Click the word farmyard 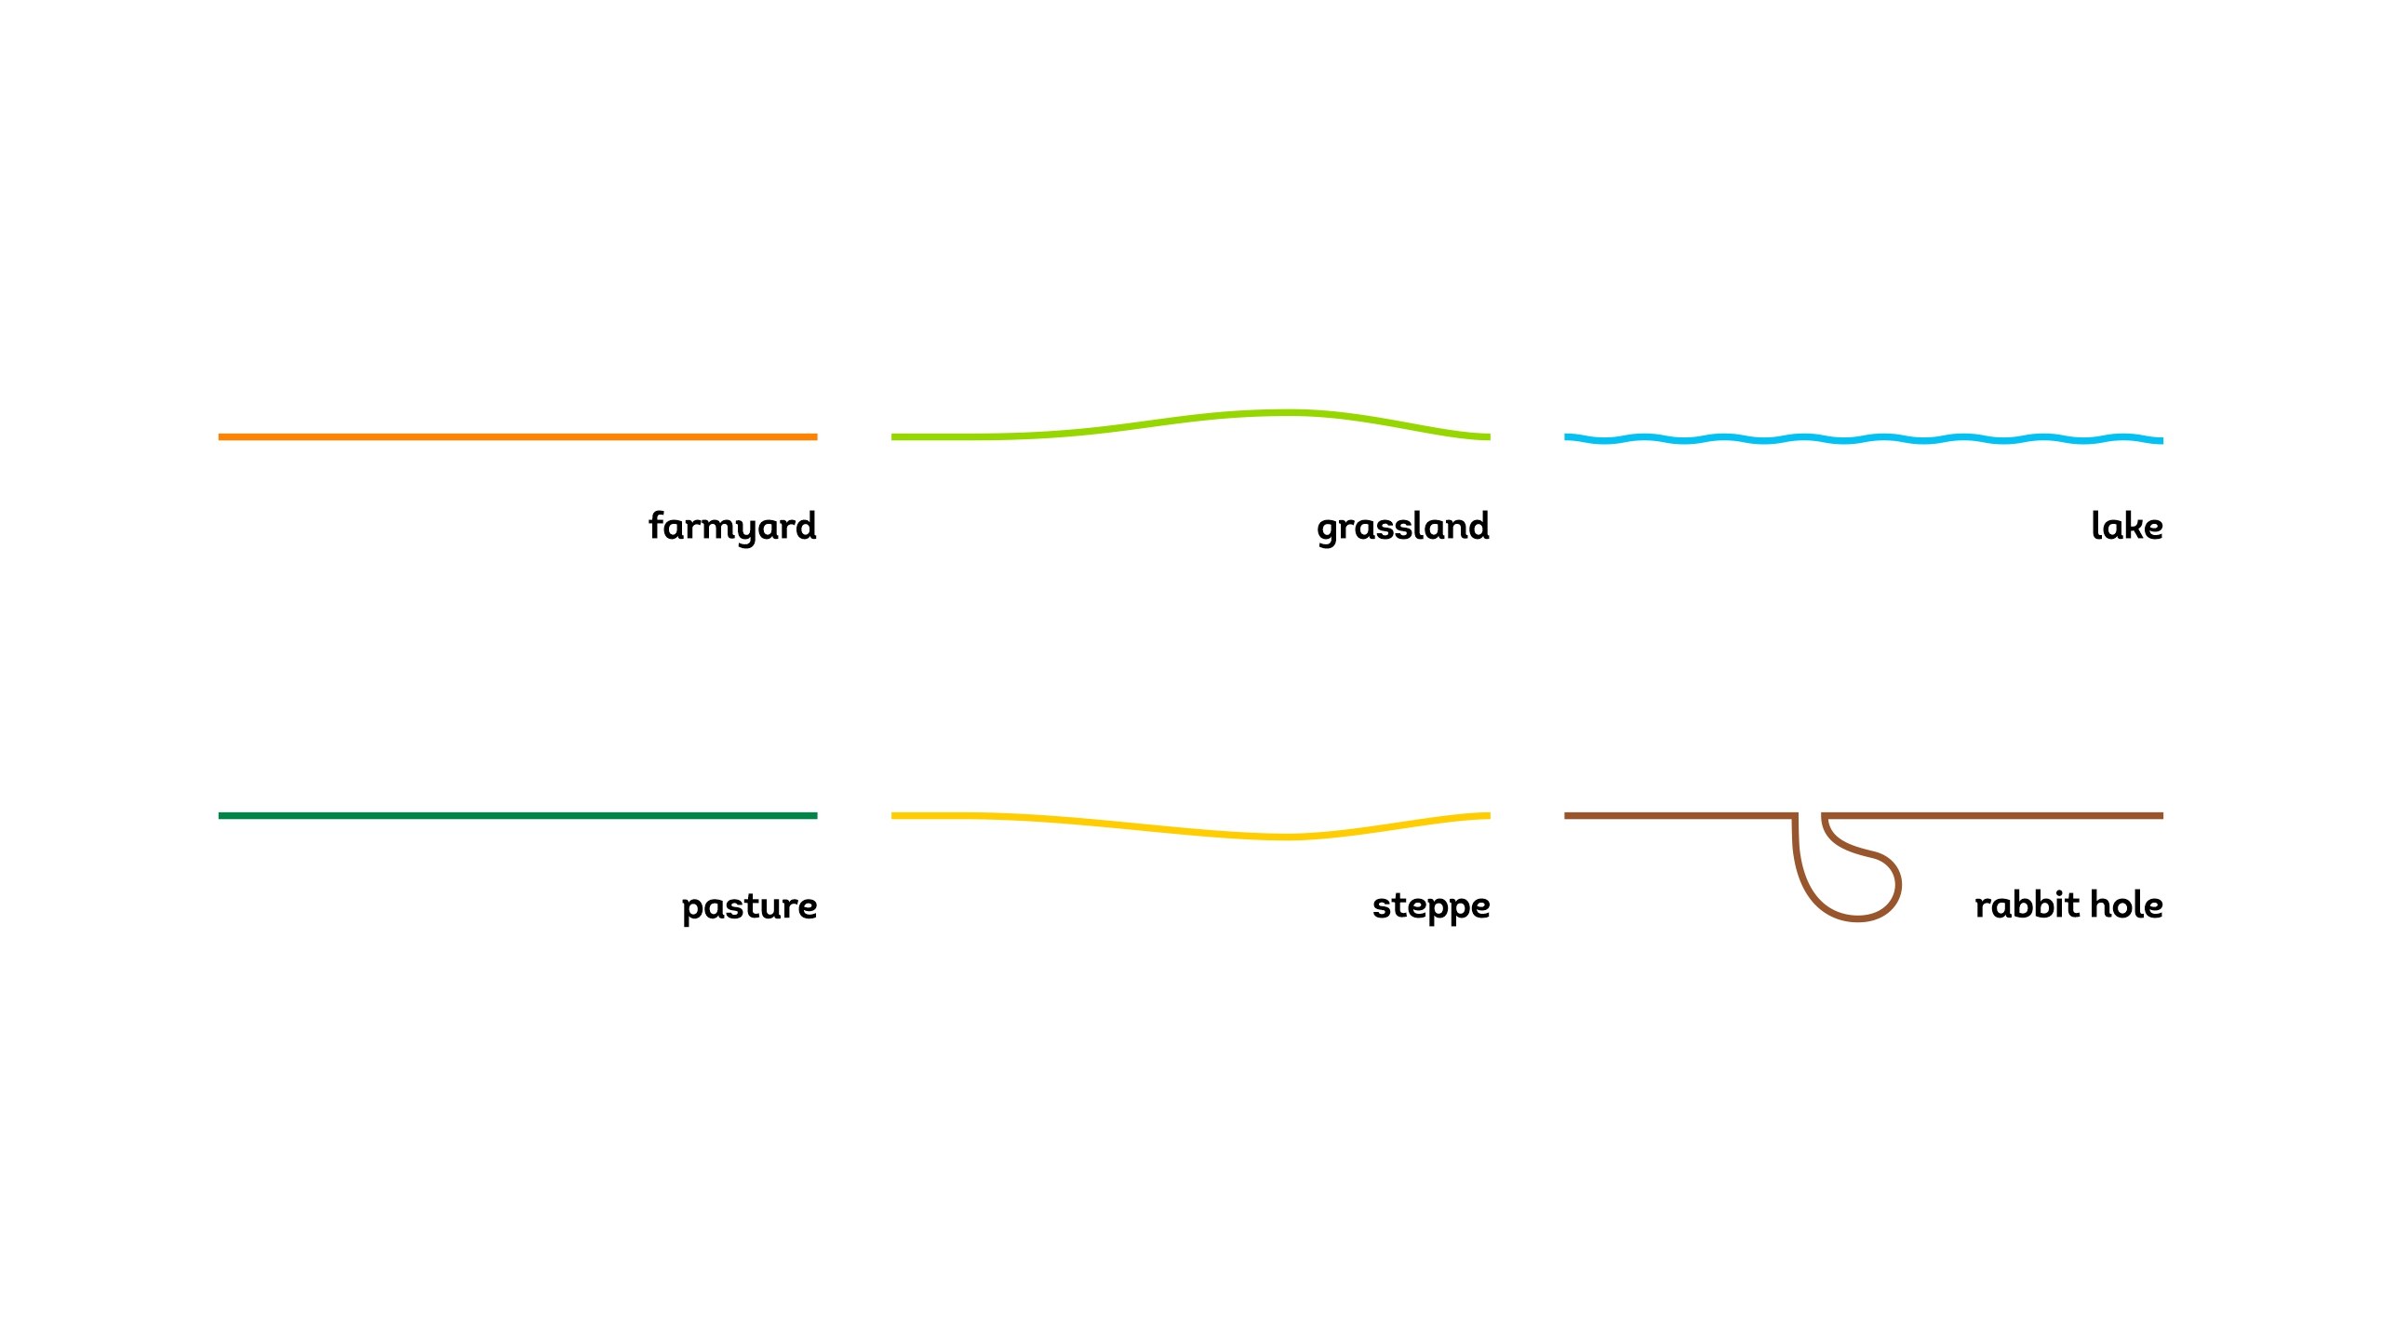(x=732, y=527)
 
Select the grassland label (x=1403, y=527)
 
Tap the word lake (x=2126, y=526)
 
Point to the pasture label (x=749, y=905)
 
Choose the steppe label (x=1431, y=905)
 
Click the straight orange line (x=517, y=436)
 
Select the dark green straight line (x=517, y=816)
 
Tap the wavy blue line (x=1864, y=438)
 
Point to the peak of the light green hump (x=1284, y=412)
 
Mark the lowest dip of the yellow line (x=1284, y=837)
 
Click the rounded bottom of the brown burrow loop (x=1857, y=918)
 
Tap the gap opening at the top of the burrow (x=1810, y=816)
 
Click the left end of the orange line (x=220, y=436)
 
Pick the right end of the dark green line (x=816, y=816)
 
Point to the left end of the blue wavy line (x=1566, y=436)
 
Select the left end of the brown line (x=1566, y=816)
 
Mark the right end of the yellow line (x=1489, y=816)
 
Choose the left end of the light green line (x=893, y=436)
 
